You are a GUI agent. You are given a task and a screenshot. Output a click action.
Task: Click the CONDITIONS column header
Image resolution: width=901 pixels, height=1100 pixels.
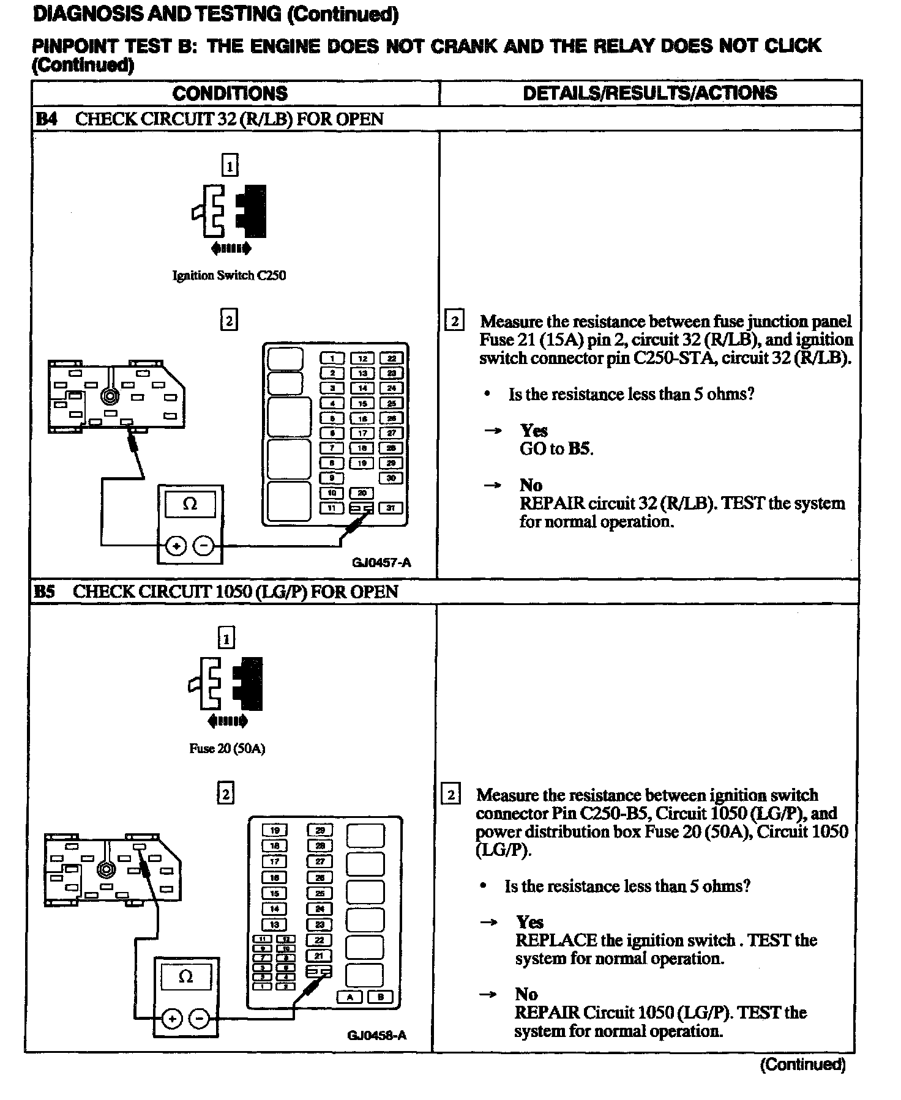(230, 93)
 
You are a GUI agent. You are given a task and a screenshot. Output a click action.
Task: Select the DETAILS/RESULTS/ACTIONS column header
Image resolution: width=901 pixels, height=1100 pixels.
(649, 93)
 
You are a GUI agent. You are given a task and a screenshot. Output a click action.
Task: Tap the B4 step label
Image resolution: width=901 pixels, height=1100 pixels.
(47, 119)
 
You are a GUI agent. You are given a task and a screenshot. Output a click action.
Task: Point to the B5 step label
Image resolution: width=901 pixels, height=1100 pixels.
(45, 592)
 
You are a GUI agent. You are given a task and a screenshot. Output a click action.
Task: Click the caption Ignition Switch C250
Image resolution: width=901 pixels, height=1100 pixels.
(229, 275)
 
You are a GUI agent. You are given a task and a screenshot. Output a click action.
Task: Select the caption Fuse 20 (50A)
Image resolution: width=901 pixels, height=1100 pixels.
(226, 748)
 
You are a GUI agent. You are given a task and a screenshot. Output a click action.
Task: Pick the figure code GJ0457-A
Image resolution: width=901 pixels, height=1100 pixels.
(381, 562)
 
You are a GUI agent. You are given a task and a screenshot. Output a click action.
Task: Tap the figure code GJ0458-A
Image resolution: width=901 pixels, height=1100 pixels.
(377, 1035)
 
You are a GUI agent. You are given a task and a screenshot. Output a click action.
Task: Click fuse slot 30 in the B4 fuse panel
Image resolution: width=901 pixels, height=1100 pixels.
(391, 478)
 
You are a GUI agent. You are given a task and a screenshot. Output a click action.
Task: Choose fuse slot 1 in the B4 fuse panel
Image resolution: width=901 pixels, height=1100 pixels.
(332, 359)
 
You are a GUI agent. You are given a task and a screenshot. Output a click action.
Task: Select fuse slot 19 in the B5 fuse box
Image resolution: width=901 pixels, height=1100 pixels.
(274, 830)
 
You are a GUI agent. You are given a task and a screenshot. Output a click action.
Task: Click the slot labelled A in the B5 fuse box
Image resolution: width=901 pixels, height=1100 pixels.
(350, 997)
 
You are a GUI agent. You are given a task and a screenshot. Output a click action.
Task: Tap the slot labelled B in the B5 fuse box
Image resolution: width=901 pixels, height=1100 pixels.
(380, 997)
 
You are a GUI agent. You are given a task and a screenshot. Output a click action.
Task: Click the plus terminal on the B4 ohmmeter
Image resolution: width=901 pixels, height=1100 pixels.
(176, 546)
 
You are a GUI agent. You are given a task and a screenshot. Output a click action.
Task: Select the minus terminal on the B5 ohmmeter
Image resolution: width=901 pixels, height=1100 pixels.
(200, 1019)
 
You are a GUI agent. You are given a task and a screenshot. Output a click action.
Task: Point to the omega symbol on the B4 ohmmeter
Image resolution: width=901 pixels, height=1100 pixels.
(190, 504)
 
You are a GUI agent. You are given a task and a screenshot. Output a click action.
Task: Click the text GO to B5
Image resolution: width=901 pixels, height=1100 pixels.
(556, 448)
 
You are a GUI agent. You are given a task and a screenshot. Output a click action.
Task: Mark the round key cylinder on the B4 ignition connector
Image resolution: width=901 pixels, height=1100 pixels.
(110, 396)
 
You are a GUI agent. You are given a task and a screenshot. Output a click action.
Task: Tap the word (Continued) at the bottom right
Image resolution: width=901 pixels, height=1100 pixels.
(802, 1065)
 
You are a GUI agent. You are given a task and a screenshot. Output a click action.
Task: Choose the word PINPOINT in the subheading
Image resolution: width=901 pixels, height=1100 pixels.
(73, 46)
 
